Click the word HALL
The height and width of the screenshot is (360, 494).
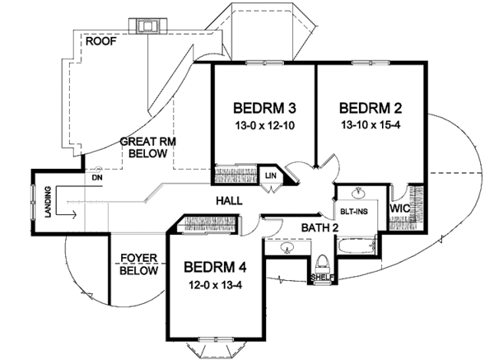pos(231,201)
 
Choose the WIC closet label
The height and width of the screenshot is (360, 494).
pos(400,208)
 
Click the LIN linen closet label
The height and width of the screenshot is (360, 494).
pos(270,176)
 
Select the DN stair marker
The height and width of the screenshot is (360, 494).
pos(96,178)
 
